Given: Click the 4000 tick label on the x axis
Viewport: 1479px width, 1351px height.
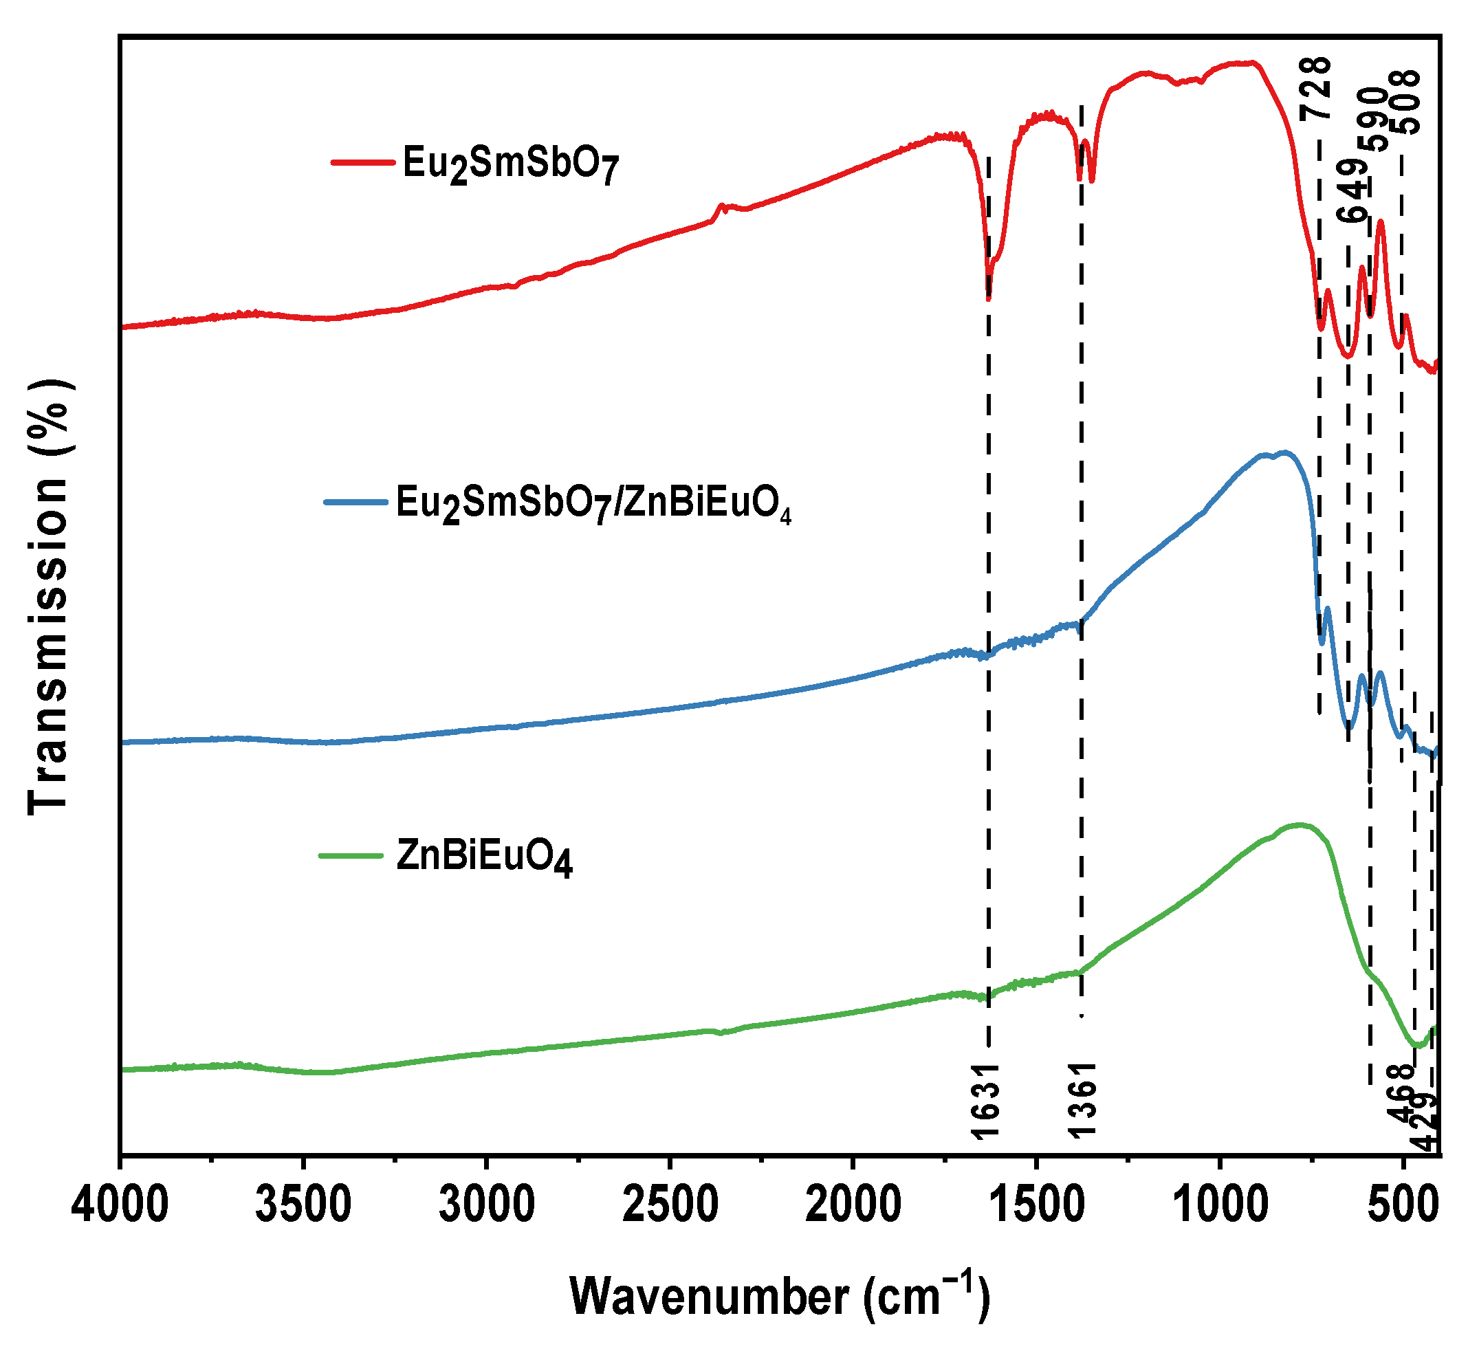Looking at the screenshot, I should click(x=120, y=1205).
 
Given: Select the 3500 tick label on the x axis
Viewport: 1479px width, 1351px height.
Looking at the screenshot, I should click(x=303, y=1205).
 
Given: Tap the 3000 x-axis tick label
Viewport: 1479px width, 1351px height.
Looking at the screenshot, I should click(x=486, y=1205).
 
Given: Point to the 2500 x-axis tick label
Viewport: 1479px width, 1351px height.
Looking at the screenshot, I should click(x=670, y=1205).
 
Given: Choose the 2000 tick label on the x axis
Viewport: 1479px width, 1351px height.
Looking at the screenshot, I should click(x=853, y=1205).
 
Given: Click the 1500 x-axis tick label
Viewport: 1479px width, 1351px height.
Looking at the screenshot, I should click(x=1037, y=1205).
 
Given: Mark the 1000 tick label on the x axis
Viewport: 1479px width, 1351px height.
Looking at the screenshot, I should click(x=1220, y=1205).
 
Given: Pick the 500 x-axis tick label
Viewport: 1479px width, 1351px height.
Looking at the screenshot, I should click(x=1403, y=1205).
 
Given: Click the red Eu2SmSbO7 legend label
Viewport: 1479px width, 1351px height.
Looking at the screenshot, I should click(x=511, y=163).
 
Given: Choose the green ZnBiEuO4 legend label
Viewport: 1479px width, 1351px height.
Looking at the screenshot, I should click(x=483, y=856).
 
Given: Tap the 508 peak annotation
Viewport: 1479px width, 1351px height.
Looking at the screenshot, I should click(x=1406, y=102).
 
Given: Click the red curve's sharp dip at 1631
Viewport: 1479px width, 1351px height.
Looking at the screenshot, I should click(x=989, y=298).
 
